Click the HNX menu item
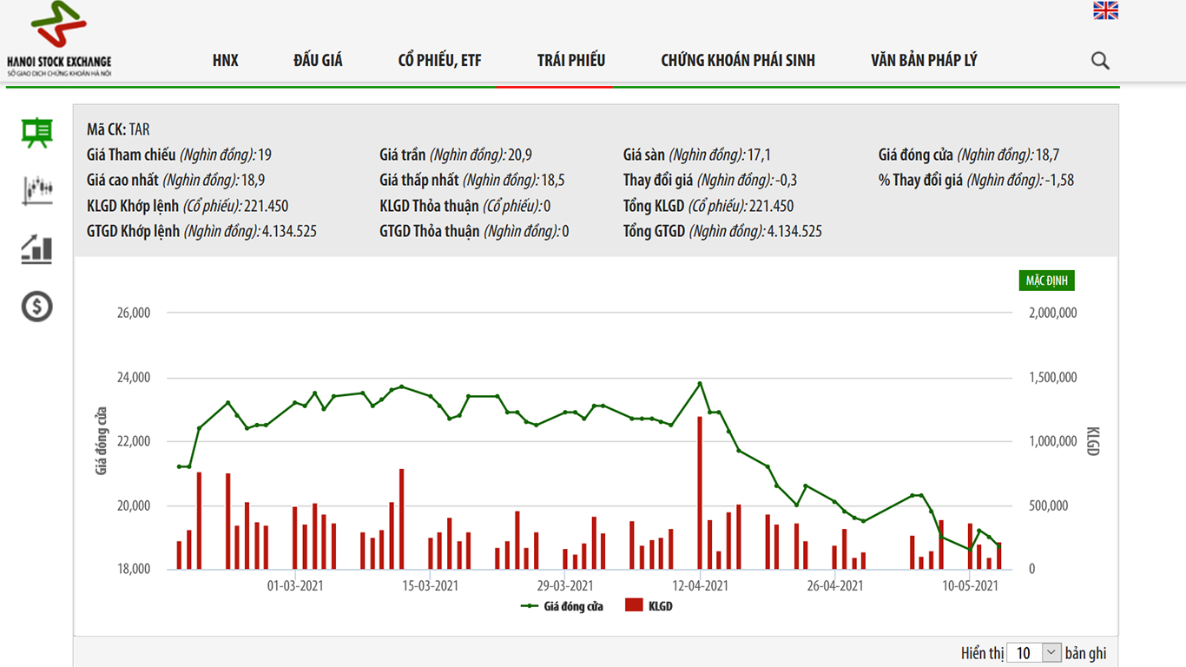tap(225, 60)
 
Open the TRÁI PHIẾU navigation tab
tap(570, 60)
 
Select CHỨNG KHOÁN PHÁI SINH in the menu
tap(737, 60)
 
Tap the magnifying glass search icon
tap(1100, 61)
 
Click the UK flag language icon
tap(1105, 10)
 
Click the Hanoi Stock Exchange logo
tap(59, 39)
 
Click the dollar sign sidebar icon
tap(37, 306)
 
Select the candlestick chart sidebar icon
tap(37, 189)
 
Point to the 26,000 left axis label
tap(134, 313)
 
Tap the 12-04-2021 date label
tap(700, 586)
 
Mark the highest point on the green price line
tap(700, 383)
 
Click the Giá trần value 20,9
tap(520, 155)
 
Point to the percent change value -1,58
tap(1060, 181)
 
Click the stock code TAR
tap(139, 129)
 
